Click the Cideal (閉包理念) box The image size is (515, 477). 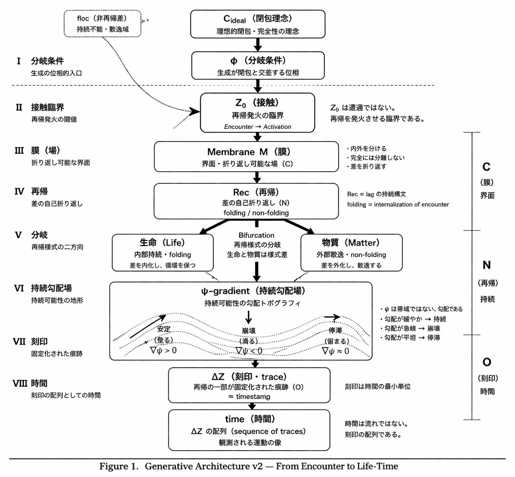258,24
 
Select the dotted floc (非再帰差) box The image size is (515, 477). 102,24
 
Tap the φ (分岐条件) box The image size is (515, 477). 258,66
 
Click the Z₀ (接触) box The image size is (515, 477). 257,112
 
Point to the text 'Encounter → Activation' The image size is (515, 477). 257,127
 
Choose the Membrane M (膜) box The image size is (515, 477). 246,157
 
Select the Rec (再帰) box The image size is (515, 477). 246,201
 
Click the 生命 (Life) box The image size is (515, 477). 162,253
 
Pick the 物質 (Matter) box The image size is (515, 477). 351,253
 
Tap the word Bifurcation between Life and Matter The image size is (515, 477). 256,235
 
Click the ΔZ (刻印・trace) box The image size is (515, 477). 249,385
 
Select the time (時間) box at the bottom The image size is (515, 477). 249,430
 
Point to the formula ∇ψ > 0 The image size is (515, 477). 163,350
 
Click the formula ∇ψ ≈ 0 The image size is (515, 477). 335,351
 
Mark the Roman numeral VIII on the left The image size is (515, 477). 20,383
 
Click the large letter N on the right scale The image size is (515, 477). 487,265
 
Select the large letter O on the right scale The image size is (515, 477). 487,362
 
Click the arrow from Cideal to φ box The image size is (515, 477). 258,45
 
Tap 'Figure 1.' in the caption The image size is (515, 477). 119,466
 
